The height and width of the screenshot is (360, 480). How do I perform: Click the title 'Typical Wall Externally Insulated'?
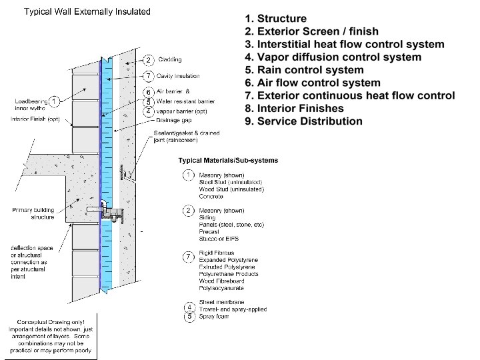[87, 12]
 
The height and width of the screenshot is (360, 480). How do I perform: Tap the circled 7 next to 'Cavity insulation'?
[149, 76]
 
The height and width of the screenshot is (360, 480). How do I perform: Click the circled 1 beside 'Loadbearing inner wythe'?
[53, 101]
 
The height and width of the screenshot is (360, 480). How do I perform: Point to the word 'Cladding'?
[170, 60]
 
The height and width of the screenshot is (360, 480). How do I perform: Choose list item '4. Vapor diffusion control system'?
[333, 57]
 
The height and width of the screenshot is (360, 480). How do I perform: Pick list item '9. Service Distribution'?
[303, 121]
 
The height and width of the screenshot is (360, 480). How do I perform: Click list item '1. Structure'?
[275, 19]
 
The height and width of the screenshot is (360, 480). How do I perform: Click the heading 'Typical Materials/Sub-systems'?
[229, 161]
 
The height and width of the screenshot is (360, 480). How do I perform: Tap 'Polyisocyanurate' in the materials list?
[221, 288]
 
